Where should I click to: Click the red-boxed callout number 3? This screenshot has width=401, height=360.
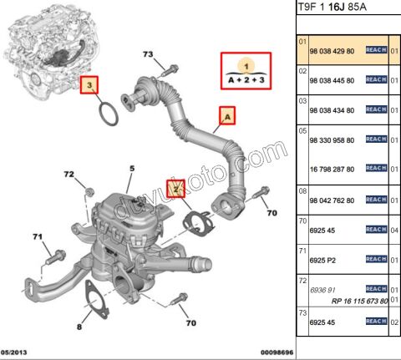pos(91,84)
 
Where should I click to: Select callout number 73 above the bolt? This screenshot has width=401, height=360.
pos(149,54)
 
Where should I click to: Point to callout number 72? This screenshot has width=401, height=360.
pos(70,174)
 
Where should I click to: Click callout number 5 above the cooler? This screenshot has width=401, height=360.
pos(131,170)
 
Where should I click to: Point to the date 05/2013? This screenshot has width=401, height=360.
pos(16,353)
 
